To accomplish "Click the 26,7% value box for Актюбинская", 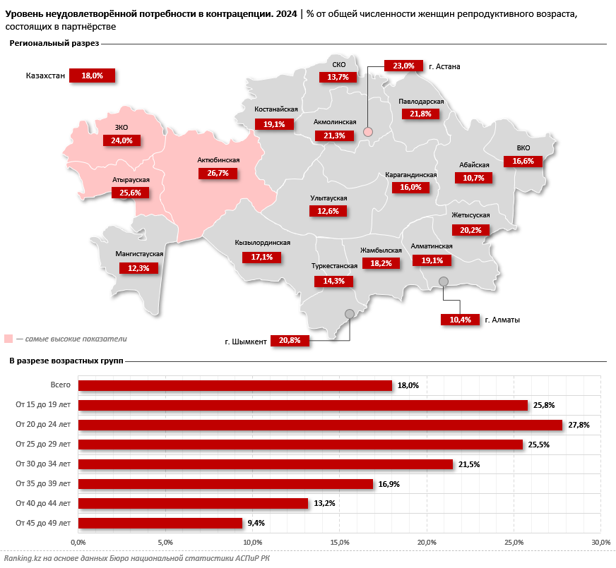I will tap(218, 173).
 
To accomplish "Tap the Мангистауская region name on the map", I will tap(139, 253).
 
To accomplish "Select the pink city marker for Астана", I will tap(367, 132).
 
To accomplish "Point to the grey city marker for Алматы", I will tap(444, 282).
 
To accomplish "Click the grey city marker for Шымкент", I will tap(348, 314).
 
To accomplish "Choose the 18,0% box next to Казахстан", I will tap(92, 75).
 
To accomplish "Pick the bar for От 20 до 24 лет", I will tap(320, 425).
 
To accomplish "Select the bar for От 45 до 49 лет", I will tap(160, 523).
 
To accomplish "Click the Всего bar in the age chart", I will tap(235, 385).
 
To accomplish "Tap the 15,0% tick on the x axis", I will tap(340, 542).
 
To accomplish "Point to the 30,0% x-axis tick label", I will tap(600, 542).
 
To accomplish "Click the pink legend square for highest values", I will tap(8, 339).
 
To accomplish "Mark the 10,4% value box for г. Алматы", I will tap(460, 320).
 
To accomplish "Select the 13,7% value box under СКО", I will tap(338, 77).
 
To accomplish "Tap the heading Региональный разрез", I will tap(54, 44).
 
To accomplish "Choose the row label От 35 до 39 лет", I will tap(43, 483).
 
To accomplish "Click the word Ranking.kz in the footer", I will tap(22, 558).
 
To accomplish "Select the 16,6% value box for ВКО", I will tap(523, 161).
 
